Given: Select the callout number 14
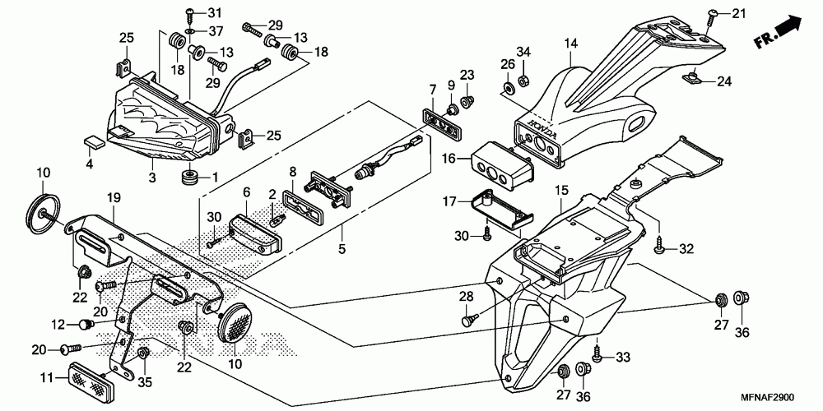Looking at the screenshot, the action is (570, 43).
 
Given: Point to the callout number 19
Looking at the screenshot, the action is (114, 197).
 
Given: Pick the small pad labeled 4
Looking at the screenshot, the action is (93, 141).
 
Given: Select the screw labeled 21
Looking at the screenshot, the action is (710, 17).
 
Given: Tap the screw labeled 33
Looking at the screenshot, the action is (597, 353).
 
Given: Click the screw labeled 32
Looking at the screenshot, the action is (660, 245).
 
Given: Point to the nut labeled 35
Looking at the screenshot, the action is (142, 353).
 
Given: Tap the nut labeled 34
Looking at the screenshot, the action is (523, 81).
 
